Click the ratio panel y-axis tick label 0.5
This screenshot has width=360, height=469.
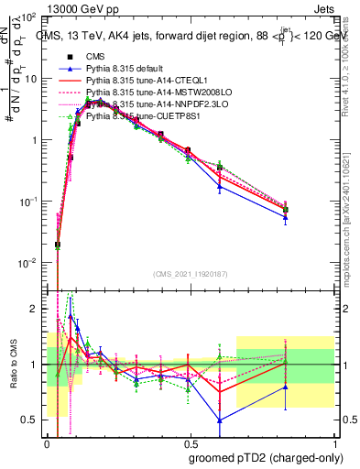(x=30, y=420)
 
